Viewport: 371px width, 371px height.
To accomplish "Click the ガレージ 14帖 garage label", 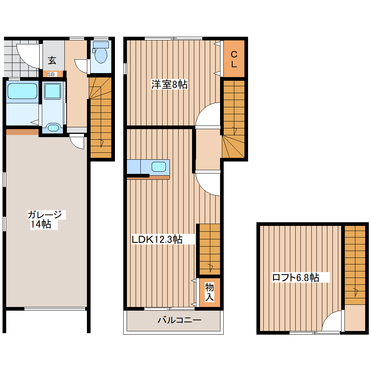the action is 44,219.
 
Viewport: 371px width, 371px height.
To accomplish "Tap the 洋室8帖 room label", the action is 169,84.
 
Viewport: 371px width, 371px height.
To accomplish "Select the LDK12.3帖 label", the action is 157,239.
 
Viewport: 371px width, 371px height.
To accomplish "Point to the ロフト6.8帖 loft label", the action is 295,277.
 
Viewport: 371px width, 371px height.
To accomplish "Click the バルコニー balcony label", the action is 179,320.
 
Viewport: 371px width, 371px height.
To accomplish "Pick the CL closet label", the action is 234,59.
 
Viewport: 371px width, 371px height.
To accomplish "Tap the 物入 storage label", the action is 210,292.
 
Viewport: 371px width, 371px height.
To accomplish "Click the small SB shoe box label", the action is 51,74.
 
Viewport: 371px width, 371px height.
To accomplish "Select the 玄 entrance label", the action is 52,60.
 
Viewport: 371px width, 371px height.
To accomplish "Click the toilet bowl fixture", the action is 101,52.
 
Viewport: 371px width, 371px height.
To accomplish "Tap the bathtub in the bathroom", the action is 22,91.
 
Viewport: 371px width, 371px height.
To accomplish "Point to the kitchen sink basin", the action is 159,167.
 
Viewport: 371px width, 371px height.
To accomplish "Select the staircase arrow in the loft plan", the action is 355,292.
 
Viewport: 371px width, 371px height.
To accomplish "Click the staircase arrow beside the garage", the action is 101,143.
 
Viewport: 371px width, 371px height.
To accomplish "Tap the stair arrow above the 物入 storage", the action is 210,268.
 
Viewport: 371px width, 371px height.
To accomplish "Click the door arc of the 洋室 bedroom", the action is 202,110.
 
